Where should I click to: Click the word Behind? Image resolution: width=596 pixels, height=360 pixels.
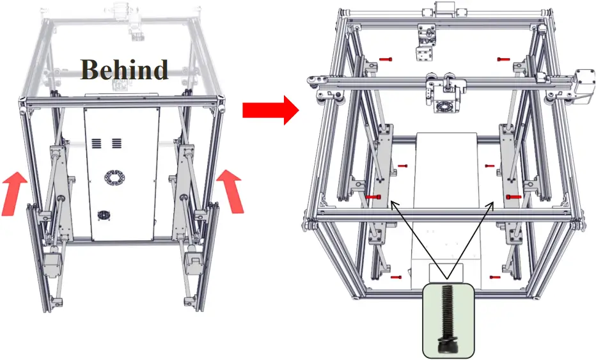tap(125, 69)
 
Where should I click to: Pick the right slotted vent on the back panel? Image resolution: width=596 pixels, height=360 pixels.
tap(117, 143)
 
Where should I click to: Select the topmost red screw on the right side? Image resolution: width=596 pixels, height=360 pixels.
tap(503, 59)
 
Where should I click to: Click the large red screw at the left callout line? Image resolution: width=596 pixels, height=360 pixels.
tap(373, 198)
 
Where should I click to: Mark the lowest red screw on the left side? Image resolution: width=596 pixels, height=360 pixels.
tap(396, 277)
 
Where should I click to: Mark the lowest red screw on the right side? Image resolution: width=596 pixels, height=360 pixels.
tap(494, 277)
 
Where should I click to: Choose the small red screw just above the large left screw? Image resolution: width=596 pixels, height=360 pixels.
tap(402, 166)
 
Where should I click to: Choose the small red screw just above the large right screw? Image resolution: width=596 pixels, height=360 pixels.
tap(490, 166)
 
